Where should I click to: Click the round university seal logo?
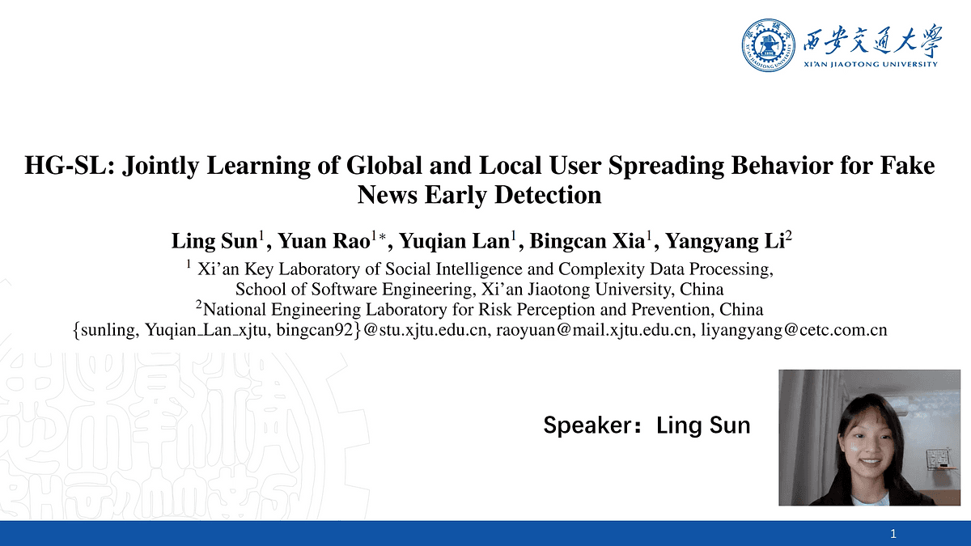click(x=768, y=45)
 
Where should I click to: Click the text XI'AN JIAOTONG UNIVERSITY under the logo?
click(x=871, y=64)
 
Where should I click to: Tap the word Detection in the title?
click(x=548, y=195)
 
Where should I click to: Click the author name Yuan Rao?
click(x=324, y=241)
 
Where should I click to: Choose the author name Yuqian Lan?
click(x=454, y=241)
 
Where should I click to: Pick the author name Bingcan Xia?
click(x=587, y=241)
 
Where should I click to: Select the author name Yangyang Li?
click(x=725, y=241)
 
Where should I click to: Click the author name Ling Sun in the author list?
click(x=214, y=241)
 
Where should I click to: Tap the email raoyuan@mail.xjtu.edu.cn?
click(x=593, y=330)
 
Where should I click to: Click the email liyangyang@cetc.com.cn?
click(x=794, y=330)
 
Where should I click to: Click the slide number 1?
click(x=893, y=533)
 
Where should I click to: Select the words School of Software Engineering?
click(x=354, y=289)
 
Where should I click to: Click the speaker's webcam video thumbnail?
click(x=870, y=438)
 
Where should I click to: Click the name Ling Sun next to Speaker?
click(x=703, y=425)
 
